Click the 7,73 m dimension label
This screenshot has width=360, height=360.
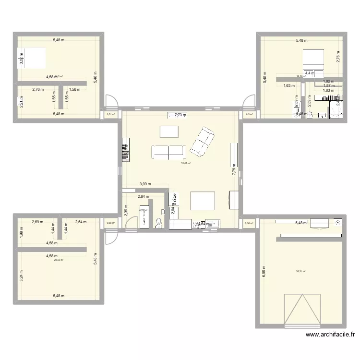pos(181,115)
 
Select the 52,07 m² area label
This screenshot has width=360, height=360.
pos(186,164)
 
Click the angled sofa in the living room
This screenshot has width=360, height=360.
pos(202,142)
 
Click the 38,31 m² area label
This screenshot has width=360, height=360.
pos(301,272)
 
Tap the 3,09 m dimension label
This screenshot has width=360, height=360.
pos(145,184)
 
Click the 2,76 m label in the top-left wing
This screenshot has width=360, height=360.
pos(38,89)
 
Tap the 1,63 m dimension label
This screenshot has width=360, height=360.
pos(289,86)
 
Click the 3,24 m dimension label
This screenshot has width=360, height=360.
pos(21,275)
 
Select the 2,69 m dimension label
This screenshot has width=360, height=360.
pos(38,222)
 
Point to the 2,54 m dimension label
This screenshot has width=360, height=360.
pos(81,222)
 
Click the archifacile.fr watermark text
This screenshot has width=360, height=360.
pos(329,336)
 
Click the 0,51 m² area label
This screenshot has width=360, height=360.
pos(111,114)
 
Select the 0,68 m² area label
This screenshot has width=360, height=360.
pos(111,223)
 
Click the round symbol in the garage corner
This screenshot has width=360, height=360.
pos(339,222)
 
